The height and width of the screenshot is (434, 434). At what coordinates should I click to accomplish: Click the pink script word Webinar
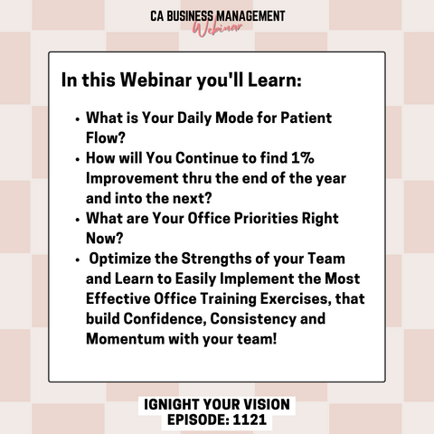click(x=218, y=28)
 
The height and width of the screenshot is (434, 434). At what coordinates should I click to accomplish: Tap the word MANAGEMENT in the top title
click(x=250, y=16)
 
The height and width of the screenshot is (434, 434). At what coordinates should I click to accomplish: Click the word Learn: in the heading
click(x=275, y=80)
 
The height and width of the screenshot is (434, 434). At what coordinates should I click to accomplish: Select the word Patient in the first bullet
click(x=306, y=118)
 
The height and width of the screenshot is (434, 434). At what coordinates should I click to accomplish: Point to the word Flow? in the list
click(x=106, y=137)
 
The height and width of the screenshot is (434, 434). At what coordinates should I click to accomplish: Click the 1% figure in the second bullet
click(x=303, y=157)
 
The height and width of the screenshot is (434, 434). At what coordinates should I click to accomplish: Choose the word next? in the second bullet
click(x=192, y=198)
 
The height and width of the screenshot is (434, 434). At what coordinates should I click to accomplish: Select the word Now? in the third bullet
click(x=105, y=238)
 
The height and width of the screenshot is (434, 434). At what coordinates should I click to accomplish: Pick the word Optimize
click(x=119, y=259)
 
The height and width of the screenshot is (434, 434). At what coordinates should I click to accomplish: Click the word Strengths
click(x=216, y=259)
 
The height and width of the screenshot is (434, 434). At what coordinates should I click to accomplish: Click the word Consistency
click(x=253, y=319)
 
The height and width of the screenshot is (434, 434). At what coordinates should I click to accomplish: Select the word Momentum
click(x=125, y=339)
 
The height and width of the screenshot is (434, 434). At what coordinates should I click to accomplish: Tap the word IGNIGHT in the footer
click(x=171, y=404)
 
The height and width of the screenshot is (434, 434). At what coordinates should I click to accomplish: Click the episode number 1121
click(x=250, y=420)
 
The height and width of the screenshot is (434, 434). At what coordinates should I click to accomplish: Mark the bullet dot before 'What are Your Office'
click(x=78, y=220)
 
